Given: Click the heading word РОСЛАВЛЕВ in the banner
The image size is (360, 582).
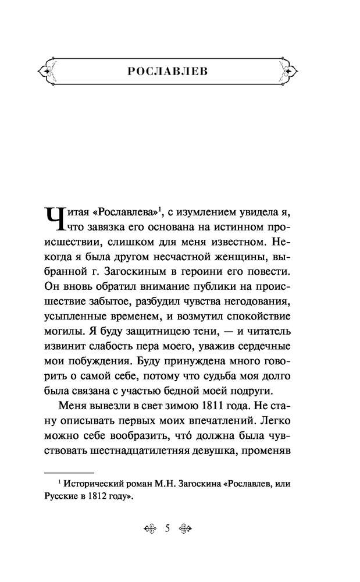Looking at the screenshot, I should (180, 72).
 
